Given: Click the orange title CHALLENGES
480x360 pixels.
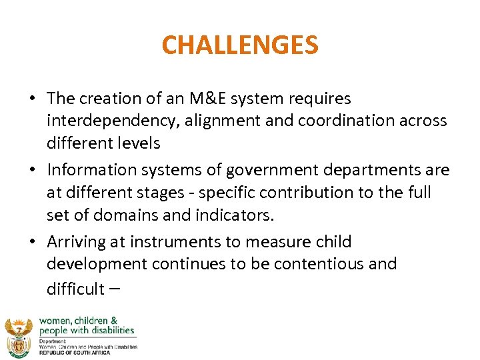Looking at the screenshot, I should [240, 45].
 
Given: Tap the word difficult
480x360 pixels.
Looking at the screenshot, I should [75, 288].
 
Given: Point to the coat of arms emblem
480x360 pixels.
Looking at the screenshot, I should [18, 336].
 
